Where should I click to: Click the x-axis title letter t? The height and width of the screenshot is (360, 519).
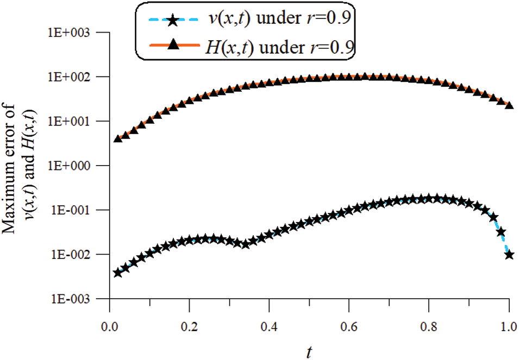click(x=309, y=350)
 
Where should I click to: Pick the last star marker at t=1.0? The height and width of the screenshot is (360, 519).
click(x=509, y=254)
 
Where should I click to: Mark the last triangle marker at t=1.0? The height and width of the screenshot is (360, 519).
click(x=509, y=104)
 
